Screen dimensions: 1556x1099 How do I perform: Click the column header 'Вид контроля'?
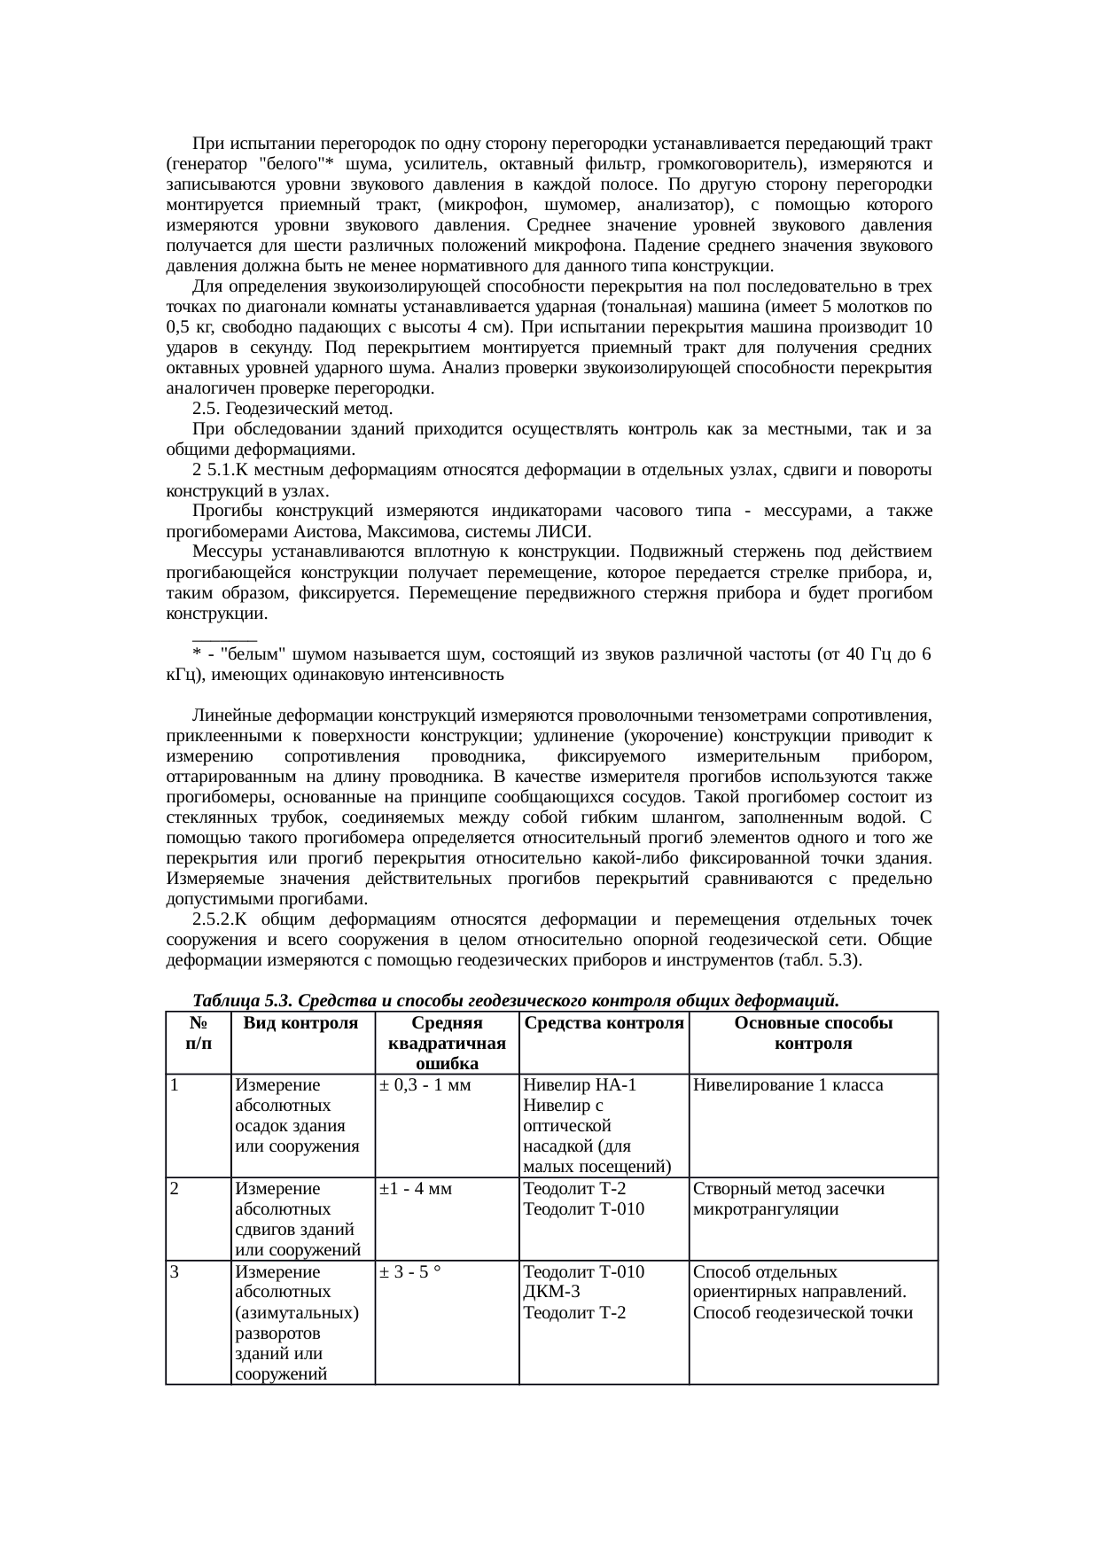coord(300,1023)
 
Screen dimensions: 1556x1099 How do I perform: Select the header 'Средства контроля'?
coord(603,1023)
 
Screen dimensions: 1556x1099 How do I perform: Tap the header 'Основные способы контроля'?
coord(813,1033)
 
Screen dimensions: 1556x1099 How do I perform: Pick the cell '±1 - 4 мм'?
coord(416,1189)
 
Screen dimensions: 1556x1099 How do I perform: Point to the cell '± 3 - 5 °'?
coord(411,1272)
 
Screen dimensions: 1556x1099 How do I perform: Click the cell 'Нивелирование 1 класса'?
coord(788,1085)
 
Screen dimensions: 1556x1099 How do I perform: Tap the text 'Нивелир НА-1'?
coord(580,1085)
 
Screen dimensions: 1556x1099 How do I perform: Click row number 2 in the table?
coord(175,1189)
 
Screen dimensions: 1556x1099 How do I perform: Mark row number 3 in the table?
coord(175,1272)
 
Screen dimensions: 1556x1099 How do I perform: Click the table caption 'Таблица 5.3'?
coord(241,1001)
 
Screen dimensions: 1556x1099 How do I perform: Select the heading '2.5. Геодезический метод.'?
coord(292,409)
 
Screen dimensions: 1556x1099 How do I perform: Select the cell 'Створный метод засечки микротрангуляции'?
coord(788,1199)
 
